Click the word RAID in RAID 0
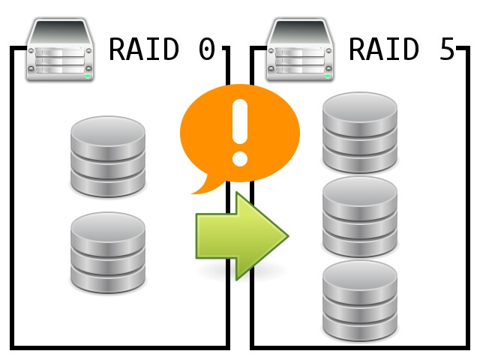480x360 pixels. [x=144, y=50]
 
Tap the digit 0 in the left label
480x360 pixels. [x=206, y=50]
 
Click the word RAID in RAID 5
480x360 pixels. [x=384, y=50]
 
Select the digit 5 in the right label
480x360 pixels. [x=447, y=50]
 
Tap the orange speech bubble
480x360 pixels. [x=240, y=135]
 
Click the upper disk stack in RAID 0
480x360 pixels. [x=108, y=157]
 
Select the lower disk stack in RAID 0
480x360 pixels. [x=108, y=253]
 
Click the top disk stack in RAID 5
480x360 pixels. [x=360, y=132]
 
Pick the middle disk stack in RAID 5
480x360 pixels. [x=360, y=216]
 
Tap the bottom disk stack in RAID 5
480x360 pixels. [x=360, y=300]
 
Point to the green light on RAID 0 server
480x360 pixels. [x=88, y=76]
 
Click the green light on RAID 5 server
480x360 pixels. [x=328, y=76]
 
